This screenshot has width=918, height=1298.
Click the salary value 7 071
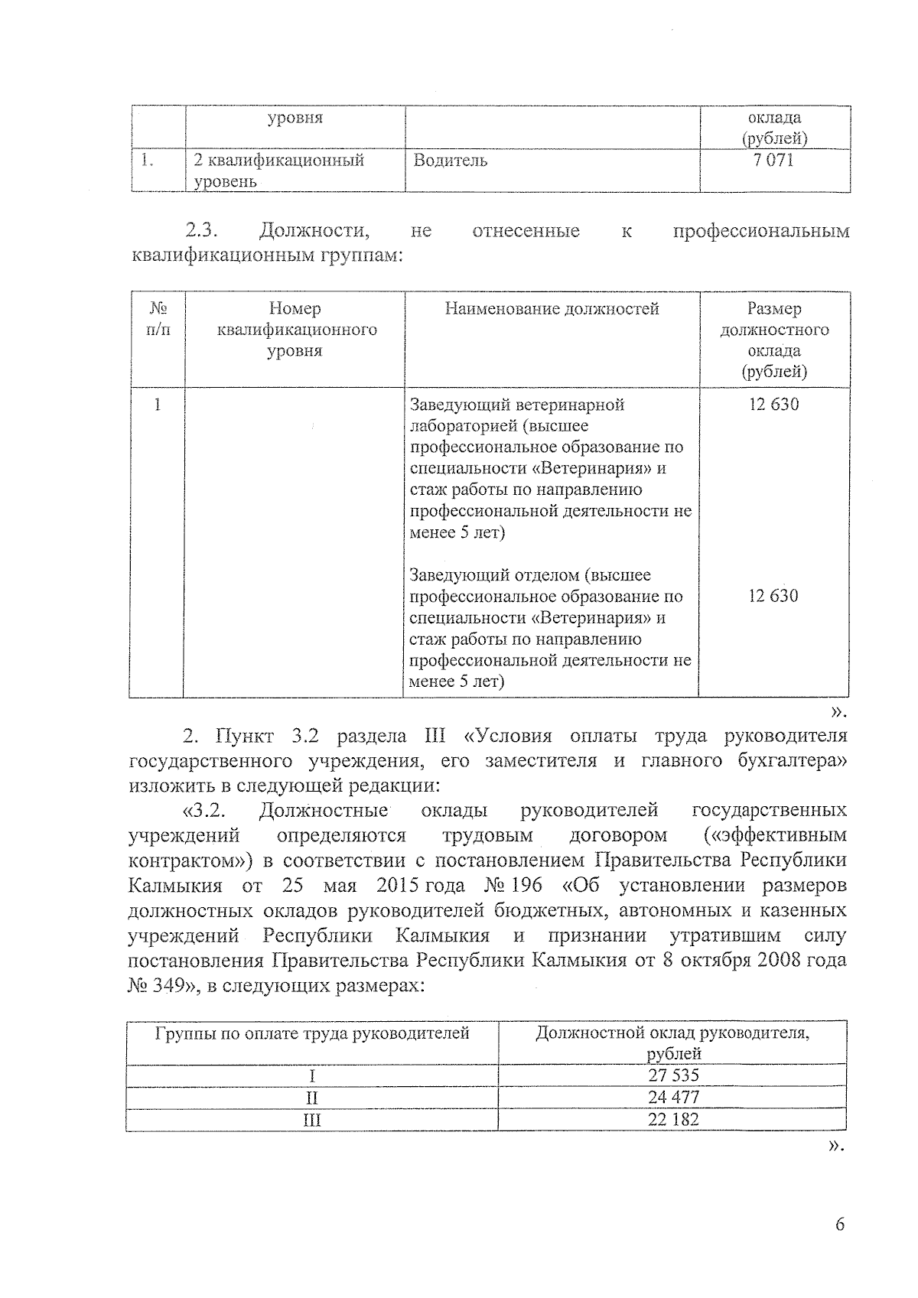(773, 160)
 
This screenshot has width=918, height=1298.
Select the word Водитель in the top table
(451, 161)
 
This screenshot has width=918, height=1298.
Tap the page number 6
(840, 1225)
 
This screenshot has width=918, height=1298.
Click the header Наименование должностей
(552, 309)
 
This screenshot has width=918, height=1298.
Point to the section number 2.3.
(203, 230)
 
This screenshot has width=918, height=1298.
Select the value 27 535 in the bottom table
(673, 1075)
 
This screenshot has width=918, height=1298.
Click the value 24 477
(673, 1097)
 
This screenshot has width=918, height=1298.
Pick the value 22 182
(673, 1119)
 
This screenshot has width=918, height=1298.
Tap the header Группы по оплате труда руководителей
(312, 1034)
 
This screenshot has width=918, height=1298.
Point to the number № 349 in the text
(157, 985)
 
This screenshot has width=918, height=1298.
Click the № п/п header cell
(158, 319)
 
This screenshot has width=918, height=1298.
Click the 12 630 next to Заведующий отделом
(773, 596)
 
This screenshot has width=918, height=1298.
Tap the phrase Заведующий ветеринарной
(517, 404)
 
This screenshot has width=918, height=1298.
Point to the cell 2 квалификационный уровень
(278, 170)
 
